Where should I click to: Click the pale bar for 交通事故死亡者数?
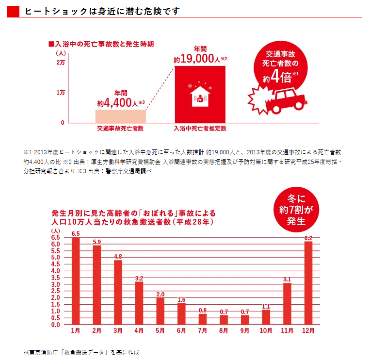(x=120, y=116)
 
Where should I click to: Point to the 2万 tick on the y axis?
(x=60, y=63)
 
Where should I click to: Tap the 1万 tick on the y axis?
(x=60, y=92)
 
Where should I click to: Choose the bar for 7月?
(x=202, y=319)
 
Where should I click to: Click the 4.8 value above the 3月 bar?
(x=118, y=256)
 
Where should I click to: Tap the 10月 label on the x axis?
(x=266, y=331)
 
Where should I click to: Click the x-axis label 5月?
(x=160, y=331)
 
